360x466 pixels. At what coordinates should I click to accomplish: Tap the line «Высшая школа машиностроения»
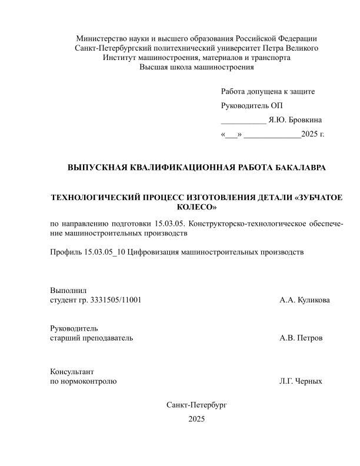click(196, 67)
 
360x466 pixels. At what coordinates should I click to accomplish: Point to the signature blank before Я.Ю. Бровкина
click(243, 121)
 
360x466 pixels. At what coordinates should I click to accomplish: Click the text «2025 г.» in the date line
click(313, 134)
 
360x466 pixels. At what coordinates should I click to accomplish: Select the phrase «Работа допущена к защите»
click(268, 92)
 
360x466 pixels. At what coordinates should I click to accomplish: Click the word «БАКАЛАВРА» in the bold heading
click(296, 168)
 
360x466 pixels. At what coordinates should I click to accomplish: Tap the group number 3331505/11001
click(115, 300)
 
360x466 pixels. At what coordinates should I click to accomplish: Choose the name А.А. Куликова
click(305, 300)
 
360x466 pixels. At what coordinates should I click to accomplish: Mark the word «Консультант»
click(72, 372)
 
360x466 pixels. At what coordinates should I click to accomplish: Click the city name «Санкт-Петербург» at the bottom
click(196, 405)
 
